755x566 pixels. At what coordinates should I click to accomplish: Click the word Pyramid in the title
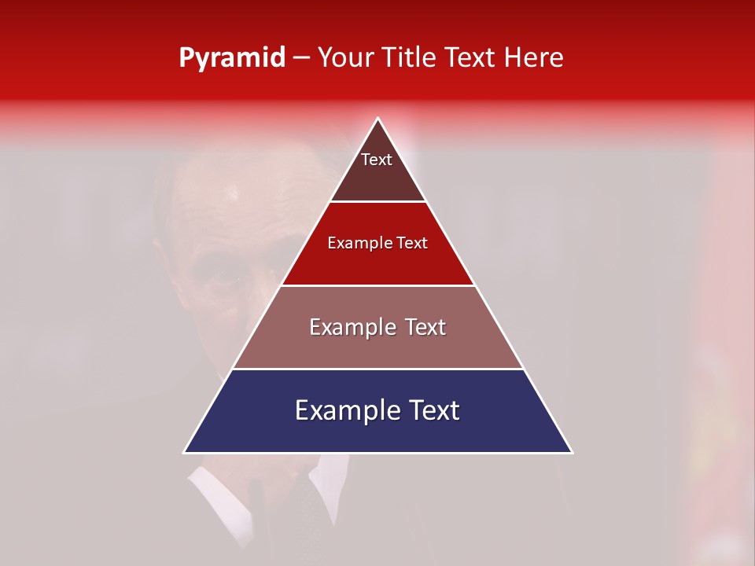[x=232, y=58]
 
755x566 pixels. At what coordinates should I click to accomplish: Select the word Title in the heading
[x=411, y=57]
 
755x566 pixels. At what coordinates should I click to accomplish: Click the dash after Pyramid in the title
[x=301, y=58]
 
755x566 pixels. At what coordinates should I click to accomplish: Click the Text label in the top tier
[x=377, y=160]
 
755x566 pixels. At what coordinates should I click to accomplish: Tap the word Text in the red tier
[x=412, y=243]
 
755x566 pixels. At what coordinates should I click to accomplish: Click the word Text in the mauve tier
[x=425, y=327]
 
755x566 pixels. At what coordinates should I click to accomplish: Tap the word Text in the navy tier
[x=433, y=410]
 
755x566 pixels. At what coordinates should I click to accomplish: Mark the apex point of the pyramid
[x=378, y=119]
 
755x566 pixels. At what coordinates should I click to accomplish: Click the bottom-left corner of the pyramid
[x=184, y=453]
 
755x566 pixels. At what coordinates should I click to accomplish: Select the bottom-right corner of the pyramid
[x=572, y=453]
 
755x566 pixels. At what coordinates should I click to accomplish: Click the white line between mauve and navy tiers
[x=377, y=369]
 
